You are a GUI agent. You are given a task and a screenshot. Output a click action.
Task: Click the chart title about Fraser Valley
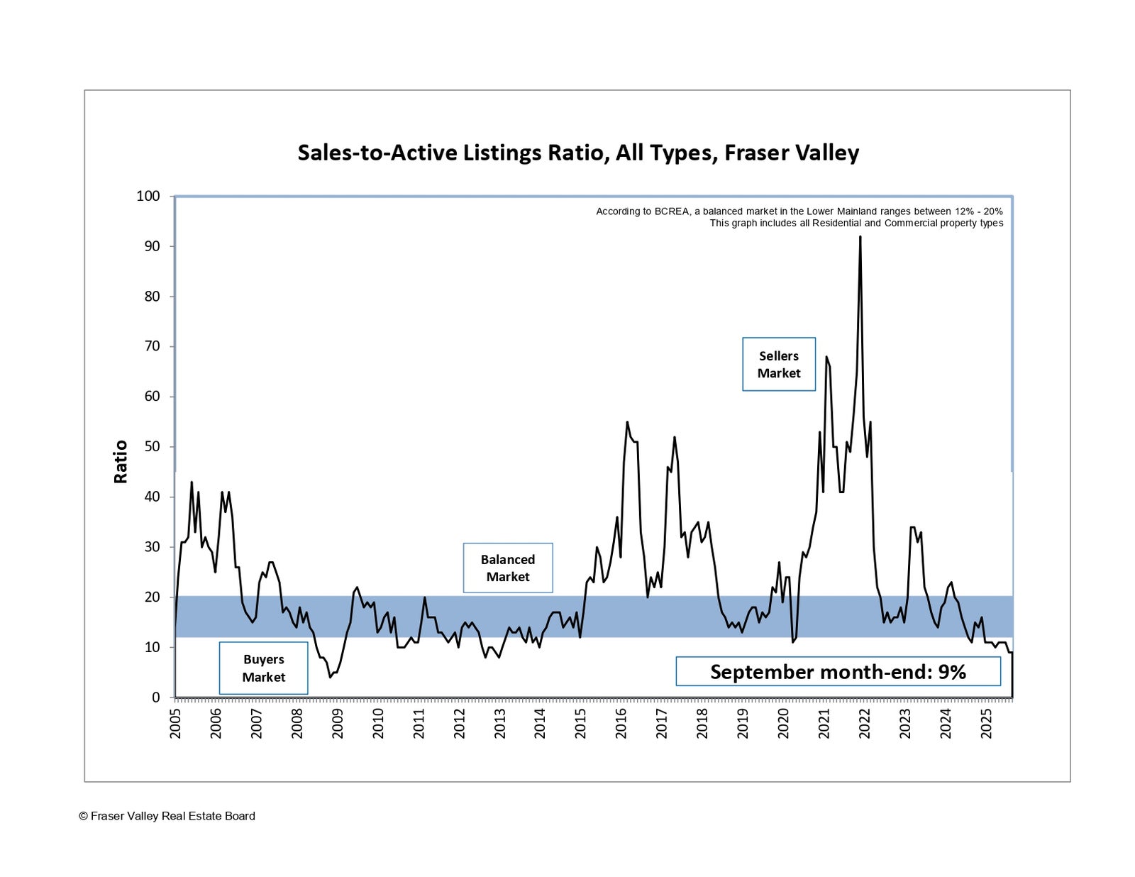[578, 153]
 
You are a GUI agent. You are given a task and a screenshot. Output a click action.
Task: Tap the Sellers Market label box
[778, 364]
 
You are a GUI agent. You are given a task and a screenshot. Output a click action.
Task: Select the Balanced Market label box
[507, 568]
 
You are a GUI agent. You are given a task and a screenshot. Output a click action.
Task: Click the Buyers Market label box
[263, 668]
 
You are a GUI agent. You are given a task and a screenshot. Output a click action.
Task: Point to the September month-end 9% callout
[838, 671]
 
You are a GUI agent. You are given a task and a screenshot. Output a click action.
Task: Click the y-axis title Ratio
[121, 461]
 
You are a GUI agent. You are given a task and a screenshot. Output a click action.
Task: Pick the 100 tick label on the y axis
[148, 196]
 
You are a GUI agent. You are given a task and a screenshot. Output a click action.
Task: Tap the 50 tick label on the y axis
[152, 446]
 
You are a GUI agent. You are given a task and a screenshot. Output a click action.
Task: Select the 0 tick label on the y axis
[156, 697]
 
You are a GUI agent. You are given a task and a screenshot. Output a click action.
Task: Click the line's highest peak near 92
[860, 237]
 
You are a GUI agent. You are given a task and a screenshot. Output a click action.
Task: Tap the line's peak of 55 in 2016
[627, 422]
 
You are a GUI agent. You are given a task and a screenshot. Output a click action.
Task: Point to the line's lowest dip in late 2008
[330, 677]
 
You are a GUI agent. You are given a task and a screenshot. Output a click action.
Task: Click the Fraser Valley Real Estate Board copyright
[167, 816]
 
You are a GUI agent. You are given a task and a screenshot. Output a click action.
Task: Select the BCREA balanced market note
[799, 211]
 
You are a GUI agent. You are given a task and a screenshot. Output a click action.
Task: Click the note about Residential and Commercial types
[856, 223]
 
